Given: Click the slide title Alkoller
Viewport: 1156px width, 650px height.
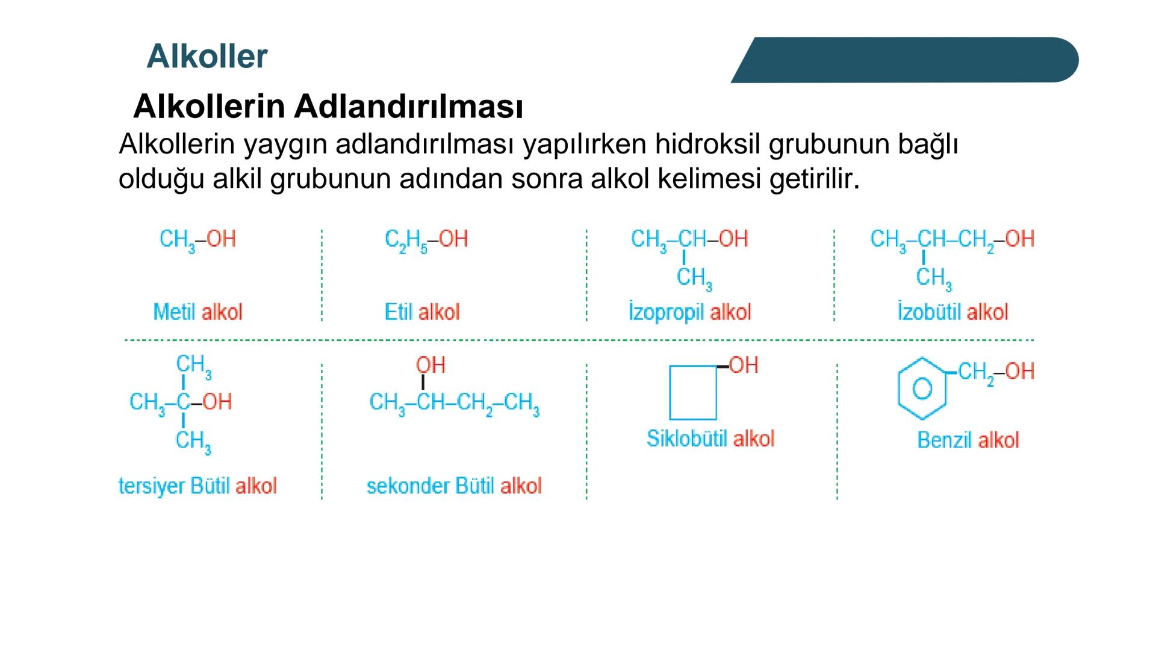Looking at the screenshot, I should coord(207,57).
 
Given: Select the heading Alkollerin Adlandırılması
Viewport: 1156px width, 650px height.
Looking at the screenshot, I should coord(328,107).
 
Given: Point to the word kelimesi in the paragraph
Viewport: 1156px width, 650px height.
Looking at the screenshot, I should coord(710,179).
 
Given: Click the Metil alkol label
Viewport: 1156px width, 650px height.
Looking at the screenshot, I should coord(197,312).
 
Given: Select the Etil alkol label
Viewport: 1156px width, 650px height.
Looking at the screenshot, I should coord(421,312).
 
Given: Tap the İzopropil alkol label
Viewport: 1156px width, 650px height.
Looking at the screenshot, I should coord(689,312).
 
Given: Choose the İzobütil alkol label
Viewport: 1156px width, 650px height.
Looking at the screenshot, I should coord(952,312).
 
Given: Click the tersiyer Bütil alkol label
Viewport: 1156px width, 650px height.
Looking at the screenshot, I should coord(197,486).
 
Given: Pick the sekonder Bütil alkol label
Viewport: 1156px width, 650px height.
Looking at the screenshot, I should coord(454,486).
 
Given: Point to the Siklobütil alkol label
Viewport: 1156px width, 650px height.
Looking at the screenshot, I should coord(710,438).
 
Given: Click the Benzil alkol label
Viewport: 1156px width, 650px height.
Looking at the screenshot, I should coord(968,440).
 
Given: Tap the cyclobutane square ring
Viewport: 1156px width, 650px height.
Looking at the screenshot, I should coord(693,392).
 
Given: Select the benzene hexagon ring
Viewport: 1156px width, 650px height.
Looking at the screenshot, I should coord(922,389).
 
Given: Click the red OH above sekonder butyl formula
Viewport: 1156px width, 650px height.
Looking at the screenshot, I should coord(430,365).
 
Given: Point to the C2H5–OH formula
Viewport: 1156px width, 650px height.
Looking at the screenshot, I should coord(426,240).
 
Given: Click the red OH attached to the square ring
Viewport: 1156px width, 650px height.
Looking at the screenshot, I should coord(744,365).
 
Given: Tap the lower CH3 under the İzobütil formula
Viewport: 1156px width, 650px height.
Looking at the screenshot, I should coord(934,278).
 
